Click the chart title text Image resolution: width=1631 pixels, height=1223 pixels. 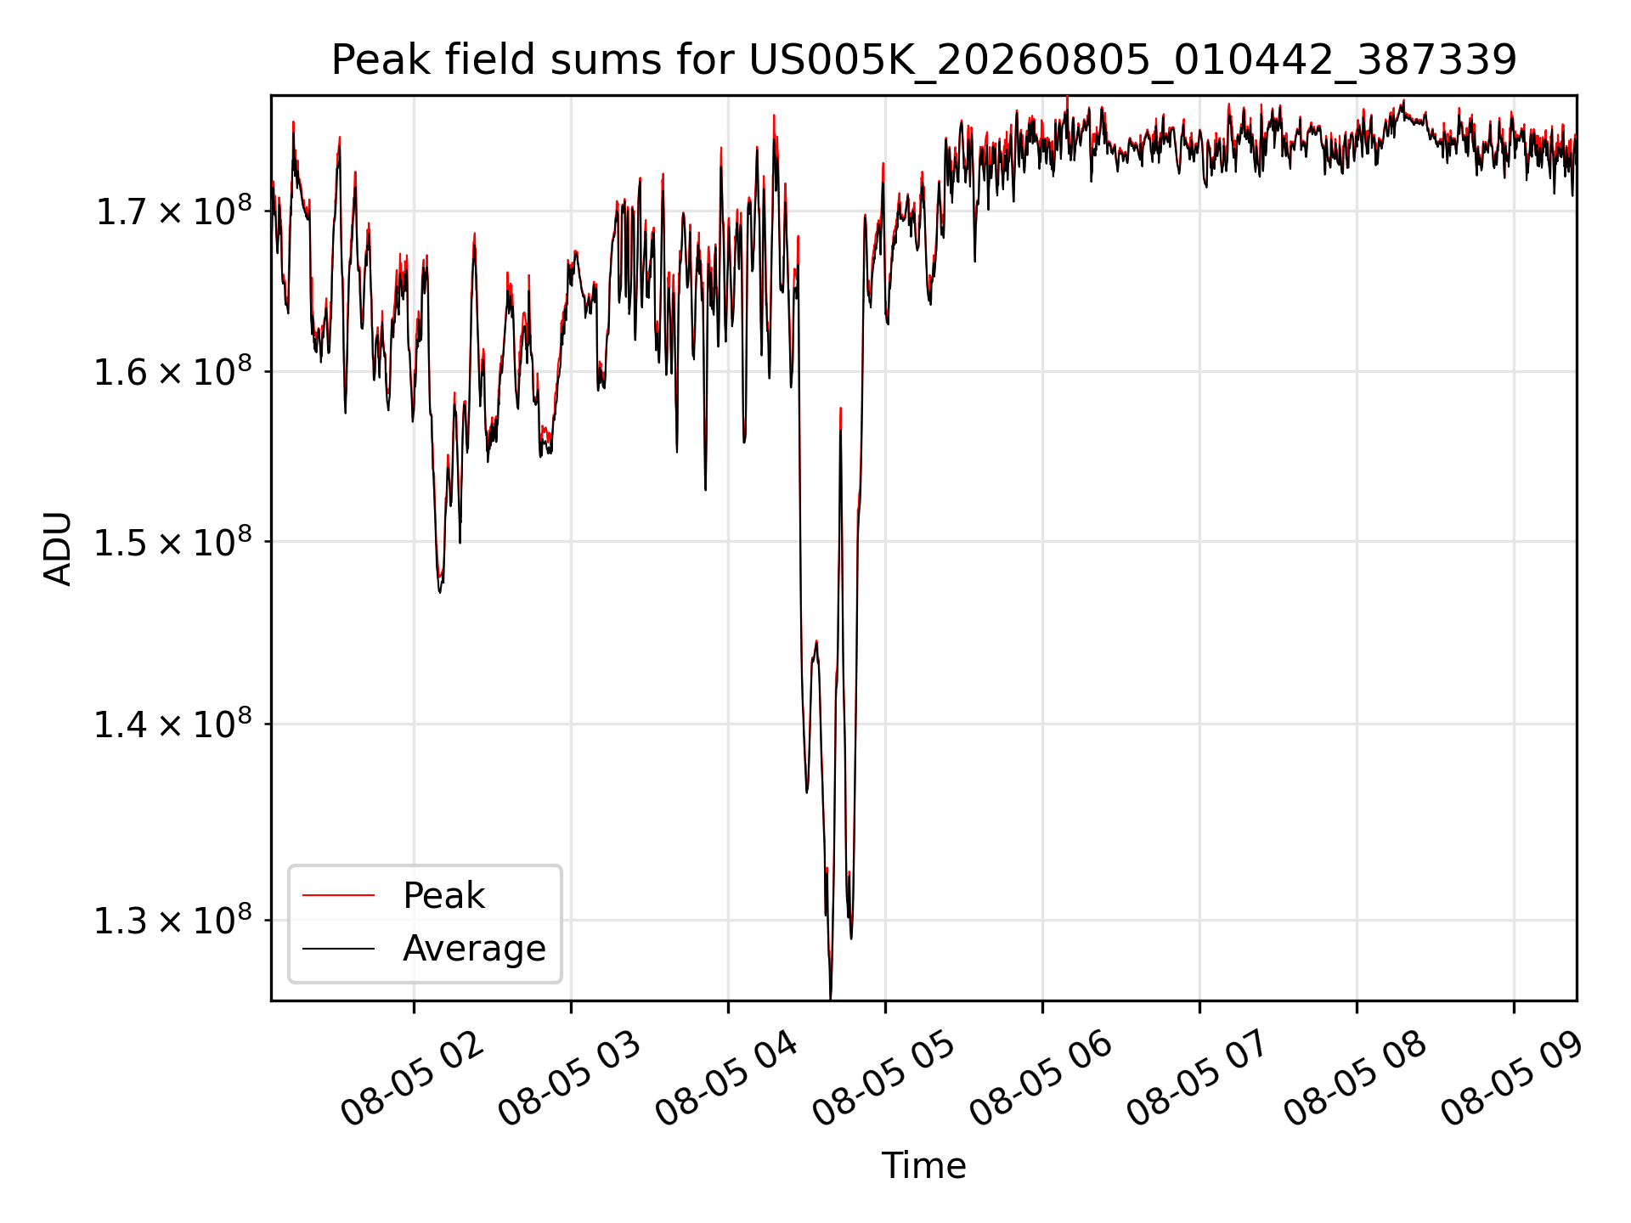[x=923, y=60]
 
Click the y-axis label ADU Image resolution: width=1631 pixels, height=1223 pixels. [x=58, y=549]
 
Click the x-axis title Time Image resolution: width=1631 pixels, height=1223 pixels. [x=923, y=1165]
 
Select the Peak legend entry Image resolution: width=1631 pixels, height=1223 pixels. [x=443, y=896]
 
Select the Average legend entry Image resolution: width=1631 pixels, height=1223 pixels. [x=474, y=949]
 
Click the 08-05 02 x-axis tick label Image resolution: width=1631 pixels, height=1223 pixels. [x=412, y=1078]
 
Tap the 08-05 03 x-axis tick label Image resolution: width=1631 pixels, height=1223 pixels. [x=569, y=1078]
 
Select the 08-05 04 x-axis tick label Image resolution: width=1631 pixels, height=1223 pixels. [x=726, y=1078]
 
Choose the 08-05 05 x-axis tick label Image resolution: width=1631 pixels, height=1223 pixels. [x=883, y=1078]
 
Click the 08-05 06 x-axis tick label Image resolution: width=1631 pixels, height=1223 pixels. [x=1041, y=1078]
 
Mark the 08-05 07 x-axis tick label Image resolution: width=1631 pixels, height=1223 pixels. [x=1198, y=1078]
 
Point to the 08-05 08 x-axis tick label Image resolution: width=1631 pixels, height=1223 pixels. [x=1355, y=1078]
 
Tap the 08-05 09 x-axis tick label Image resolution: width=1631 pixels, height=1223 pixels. [x=1512, y=1078]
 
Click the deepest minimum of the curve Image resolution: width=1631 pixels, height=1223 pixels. [x=830, y=997]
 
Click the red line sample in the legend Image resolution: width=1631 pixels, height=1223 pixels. [x=338, y=895]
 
